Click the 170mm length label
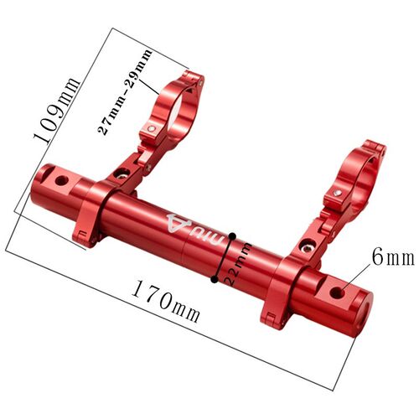(166, 302)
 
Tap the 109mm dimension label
(57, 110)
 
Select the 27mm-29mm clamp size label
(125, 92)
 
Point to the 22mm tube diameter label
(238, 263)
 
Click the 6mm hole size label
(393, 257)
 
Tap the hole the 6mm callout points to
(337, 292)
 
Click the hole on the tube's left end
(62, 181)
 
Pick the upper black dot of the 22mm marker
(232, 236)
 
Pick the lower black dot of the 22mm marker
(215, 279)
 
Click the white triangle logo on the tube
(178, 224)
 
